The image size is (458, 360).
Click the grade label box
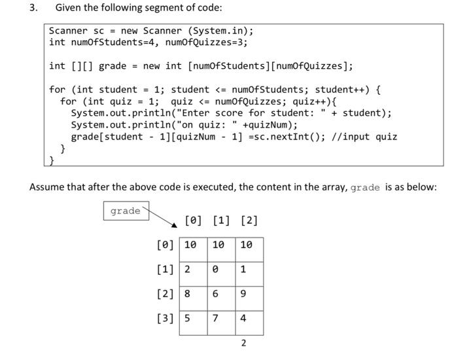(125, 211)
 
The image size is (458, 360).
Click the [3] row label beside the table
(166, 319)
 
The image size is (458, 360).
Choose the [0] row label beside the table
(166, 245)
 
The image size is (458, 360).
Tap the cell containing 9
(243, 295)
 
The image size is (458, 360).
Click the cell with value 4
(243, 319)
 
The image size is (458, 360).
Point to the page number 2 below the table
(243, 343)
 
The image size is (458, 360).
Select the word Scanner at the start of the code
(68, 31)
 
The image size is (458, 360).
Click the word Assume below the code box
(48, 187)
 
